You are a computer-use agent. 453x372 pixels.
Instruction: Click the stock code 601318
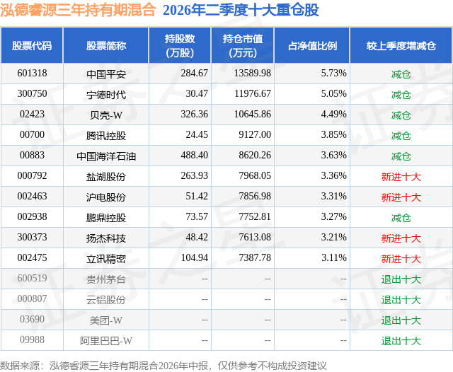(x=32, y=73)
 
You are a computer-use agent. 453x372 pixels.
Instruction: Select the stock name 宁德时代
(x=106, y=95)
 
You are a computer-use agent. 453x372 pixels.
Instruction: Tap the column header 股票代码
(x=32, y=45)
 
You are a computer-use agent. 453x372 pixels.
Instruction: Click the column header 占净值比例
(x=312, y=45)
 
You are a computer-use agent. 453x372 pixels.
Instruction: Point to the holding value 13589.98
(x=252, y=73)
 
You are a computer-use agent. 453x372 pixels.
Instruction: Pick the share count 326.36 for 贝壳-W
(x=194, y=114)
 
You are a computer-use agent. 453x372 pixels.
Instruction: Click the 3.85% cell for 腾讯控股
(x=333, y=134)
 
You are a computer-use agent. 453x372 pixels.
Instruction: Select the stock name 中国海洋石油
(x=106, y=156)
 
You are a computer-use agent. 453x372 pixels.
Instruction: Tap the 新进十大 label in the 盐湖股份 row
(x=401, y=177)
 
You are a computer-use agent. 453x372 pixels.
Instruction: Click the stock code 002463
(x=32, y=196)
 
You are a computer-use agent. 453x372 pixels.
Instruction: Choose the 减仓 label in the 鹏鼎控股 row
(x=401, y=218)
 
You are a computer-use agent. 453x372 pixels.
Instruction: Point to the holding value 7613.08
(x=255, y=237)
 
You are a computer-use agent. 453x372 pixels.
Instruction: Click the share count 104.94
(x=194, y=257)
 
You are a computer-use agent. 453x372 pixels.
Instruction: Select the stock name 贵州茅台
(x=106, y=279)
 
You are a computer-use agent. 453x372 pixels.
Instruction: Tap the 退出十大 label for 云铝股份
(x=401, y=300)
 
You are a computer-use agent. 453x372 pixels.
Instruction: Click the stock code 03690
(x=32, y=319)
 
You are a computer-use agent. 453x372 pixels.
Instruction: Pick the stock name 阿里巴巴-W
(x=106, y=341)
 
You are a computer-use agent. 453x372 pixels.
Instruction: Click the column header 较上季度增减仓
(x=401, y=45)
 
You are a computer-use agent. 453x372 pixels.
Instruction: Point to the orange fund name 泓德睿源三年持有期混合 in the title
(x=78, y=10)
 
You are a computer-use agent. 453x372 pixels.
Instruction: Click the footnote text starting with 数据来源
(x=164, y=366)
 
